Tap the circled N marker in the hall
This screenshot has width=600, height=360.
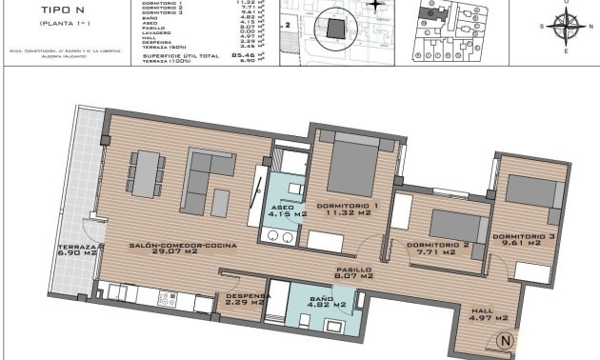pos(506,340)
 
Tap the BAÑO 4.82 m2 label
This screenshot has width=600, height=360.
pos(322,303)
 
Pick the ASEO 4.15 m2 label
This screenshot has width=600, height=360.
pos(284,210)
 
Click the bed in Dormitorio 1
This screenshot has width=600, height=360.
pos(351,166)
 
